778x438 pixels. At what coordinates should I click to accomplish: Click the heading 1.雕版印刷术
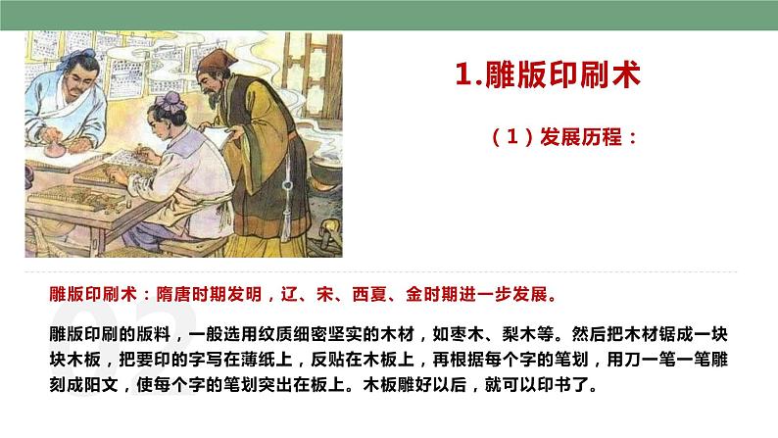point(549,75)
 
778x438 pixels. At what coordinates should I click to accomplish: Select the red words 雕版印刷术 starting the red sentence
point(93,293)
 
